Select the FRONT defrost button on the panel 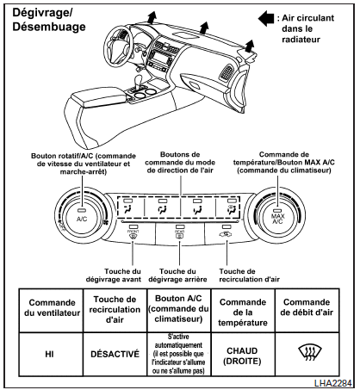(x=133, y=233)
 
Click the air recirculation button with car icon (x=227, y=233)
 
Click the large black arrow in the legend (x=266, y=19)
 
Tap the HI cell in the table (x=50, y=354)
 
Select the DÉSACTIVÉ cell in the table (x=115, y=354)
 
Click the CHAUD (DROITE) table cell (x=243, y=356)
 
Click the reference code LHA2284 (x=333, y=383)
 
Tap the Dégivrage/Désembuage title (x=49, y=20)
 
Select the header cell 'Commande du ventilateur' (x=52, y=307)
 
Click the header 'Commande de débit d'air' (x=307, y=307)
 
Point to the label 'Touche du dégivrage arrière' (x=177, y=275)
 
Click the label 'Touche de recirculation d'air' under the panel (x=249, y=275)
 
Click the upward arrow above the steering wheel (x=152, y=17)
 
